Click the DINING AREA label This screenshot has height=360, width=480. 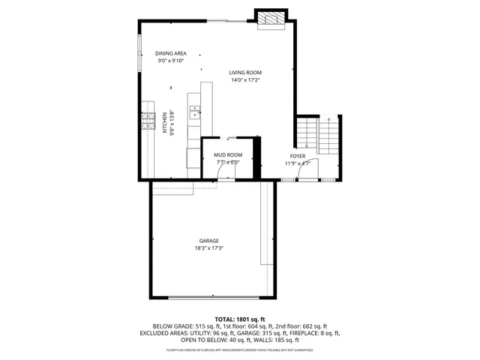(170, 53)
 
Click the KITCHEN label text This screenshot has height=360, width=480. (165, 123)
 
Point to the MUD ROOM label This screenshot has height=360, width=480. (228, 155)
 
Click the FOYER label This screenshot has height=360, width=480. (298, 156)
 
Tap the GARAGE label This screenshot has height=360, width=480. (209, 241)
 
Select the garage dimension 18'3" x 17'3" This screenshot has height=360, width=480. (209, 248)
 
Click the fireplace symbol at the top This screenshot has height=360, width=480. (270, 19)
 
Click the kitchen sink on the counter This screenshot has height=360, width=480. (195, 112)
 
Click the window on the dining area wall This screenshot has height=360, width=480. (139, 53)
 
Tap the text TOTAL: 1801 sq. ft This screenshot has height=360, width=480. (240, 319)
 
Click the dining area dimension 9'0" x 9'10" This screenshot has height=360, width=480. (170, 61)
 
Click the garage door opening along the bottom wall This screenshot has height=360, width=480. (209, 298)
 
